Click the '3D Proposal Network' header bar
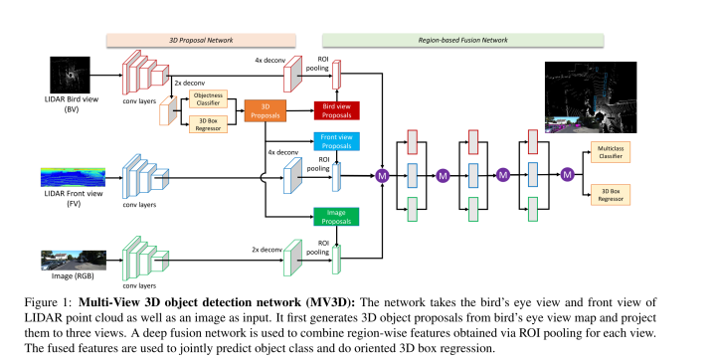[202, 41]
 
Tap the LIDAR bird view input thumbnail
[68, 74]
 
